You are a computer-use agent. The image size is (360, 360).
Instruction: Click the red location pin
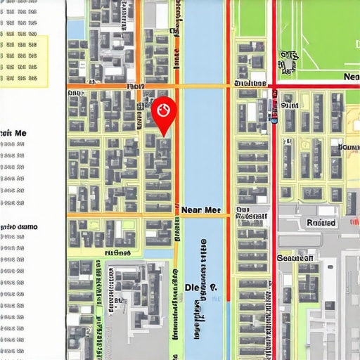pos(165,113)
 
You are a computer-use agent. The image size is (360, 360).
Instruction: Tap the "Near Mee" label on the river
pos(202,209)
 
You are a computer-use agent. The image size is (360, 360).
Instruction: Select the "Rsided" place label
pos(321,222)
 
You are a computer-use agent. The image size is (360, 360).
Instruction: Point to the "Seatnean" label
pos(295,258)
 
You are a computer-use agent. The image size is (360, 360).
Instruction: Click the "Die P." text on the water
pos(201,287)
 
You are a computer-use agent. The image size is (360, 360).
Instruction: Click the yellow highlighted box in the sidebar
pos(24,61)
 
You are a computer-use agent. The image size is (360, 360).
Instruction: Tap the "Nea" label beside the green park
pos(350,76)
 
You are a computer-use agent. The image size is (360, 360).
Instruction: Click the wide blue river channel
pos(205,155)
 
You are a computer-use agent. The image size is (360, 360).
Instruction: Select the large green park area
pos(316,35)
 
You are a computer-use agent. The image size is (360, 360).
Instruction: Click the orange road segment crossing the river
pos(204,86)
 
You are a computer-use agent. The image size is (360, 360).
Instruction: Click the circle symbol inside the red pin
pos(165,109)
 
